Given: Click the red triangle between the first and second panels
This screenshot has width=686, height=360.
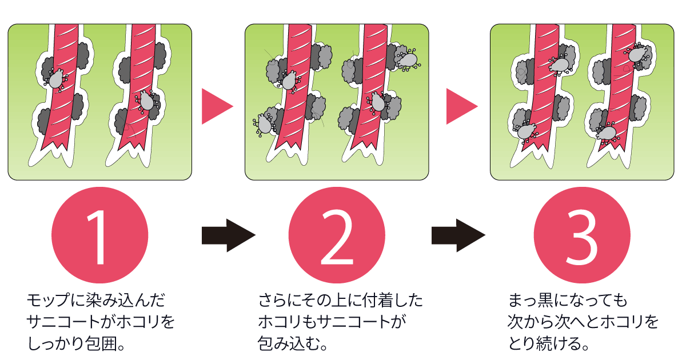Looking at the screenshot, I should coord(217,106).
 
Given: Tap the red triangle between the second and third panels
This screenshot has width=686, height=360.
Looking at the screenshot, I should coord(461,106).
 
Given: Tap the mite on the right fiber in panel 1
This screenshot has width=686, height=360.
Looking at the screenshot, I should coord(146,101).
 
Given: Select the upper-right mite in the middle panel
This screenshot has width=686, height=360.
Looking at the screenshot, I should coord(408,59).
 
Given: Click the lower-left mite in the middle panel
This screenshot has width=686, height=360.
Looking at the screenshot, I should coord(264,123).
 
